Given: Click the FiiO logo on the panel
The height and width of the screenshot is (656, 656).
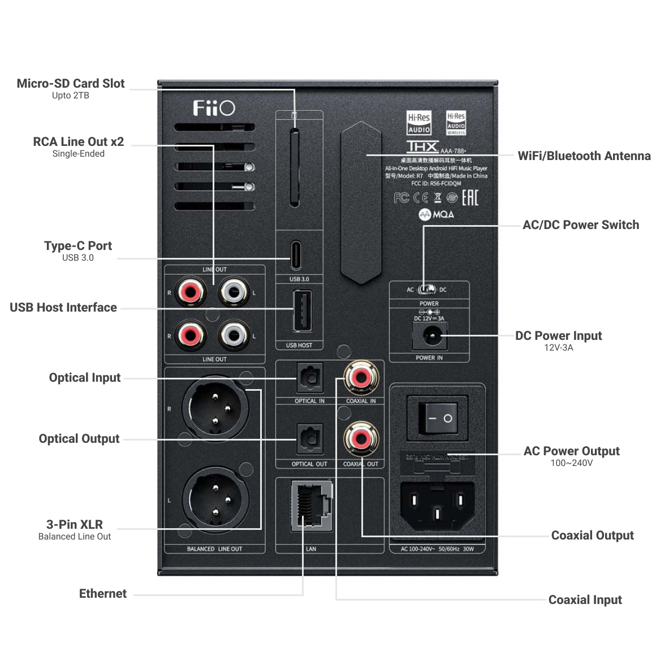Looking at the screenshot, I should (214, 108).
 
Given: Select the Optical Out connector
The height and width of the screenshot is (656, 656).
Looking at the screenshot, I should (309, 439).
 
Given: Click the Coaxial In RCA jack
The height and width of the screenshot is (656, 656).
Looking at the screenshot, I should (361, 378).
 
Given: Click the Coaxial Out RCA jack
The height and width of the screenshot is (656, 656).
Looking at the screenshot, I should (361, 439).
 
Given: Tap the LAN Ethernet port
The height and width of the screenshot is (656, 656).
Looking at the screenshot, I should (310, 506).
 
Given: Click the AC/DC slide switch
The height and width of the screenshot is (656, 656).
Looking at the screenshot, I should (426, 290).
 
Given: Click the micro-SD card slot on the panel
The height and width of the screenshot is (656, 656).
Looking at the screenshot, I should (294, 167).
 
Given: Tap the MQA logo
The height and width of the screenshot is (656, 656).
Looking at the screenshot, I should (436, 215).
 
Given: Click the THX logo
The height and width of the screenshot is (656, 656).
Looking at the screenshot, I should (422, 146).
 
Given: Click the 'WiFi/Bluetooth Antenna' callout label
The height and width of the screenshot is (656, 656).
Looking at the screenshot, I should (584, 156).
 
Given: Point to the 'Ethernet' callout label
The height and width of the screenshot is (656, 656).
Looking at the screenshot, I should (103, 594).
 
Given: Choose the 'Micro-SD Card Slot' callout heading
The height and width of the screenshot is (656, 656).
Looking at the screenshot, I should (71, 84).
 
